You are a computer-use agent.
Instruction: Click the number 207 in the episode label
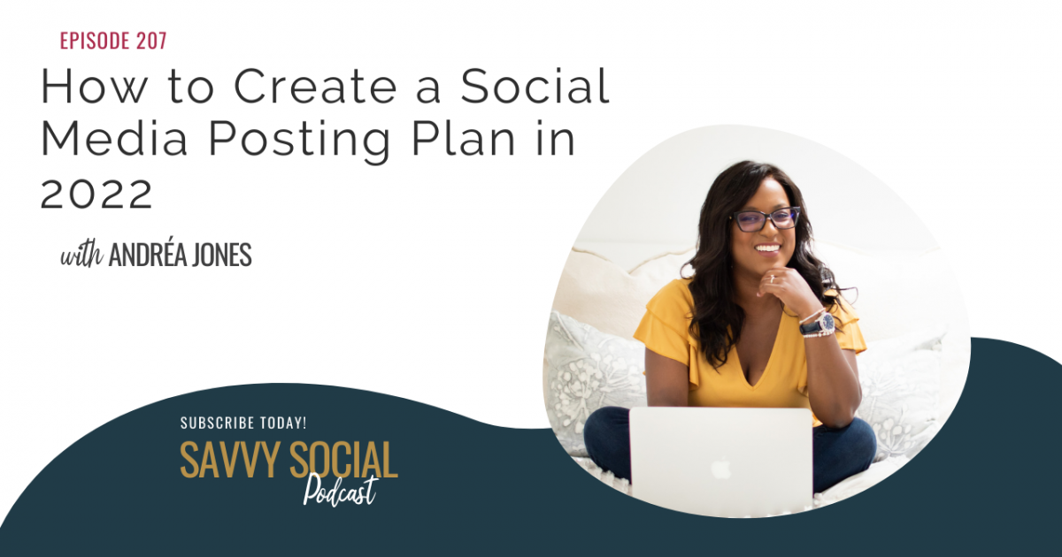tap(151, 41)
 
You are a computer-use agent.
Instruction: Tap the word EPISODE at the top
tap(95, 41)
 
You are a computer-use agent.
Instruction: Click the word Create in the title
tap(315, 87)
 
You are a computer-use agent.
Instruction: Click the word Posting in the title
tap(300, 142)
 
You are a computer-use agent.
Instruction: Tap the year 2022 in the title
tap(96, 194)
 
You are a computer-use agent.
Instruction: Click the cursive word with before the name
tap(81, 256)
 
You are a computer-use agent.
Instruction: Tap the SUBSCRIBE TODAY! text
tap(243, 423)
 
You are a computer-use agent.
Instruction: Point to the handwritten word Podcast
tap(341, 492)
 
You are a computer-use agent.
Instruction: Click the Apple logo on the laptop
tap(720, 468)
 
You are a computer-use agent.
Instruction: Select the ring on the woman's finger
tap(773, 278)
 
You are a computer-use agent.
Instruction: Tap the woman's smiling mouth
tap(767, 248)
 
